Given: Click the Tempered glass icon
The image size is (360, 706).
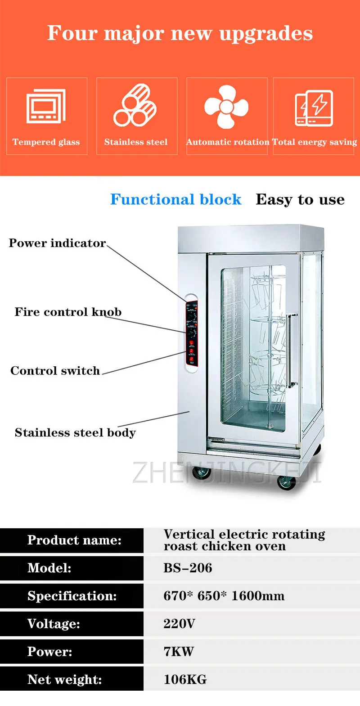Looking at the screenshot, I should click(x=46, y=107).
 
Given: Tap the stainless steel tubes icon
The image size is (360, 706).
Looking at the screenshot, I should click(x=135, y=106).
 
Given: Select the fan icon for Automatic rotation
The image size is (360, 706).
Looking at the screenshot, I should click(x=226, y=107).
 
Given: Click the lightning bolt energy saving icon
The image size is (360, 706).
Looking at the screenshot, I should click(x=314, y=108).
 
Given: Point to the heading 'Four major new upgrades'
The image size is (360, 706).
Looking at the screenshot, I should click(x=180, y=33).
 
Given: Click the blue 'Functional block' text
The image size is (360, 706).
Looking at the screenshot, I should click(x=175, y=199).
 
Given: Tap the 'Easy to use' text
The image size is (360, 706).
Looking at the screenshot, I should click(x=300, y=199).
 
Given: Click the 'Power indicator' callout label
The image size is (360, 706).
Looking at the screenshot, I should click(x=57, y=243).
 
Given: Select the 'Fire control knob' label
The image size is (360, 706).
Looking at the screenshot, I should click(x=68, y=312).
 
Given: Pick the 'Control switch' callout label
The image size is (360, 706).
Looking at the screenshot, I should click(x=55, y=371).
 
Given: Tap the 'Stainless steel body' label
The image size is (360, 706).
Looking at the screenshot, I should click(x=75, y=433).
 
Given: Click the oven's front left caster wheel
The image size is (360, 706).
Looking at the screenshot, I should click(x=201, y=472).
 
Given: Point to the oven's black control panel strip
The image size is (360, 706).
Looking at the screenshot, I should click(x=192, y=333).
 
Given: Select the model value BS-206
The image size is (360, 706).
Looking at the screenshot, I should click(x=188, y=568).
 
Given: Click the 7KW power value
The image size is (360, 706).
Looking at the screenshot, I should click(x=179, y=652).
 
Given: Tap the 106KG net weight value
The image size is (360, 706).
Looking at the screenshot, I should click(x=185, y=679).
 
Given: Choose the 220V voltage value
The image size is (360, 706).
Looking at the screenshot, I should click(x=179, y=624).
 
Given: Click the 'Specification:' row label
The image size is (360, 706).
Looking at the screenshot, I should click(x=72, y=596).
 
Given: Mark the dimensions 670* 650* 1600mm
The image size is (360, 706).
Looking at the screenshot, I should click(x=224, y=596).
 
